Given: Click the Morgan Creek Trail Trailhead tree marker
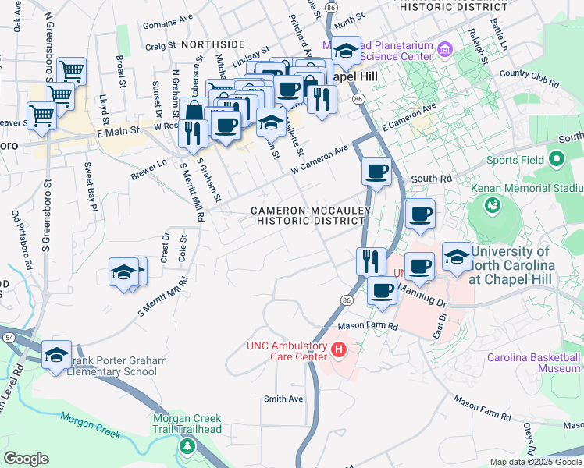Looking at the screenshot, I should [187, 446].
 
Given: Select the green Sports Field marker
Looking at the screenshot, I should [557, 160].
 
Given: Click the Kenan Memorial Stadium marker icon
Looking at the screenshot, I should [492, 204].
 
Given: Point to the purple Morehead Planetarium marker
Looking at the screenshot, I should [446, 51].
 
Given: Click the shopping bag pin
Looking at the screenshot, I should [192, 112].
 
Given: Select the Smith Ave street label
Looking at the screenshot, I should [283, 399].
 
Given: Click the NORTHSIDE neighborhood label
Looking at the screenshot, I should [213, 44].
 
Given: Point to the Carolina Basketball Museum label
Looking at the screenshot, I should [533, 363].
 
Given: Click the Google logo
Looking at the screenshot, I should [26, 459].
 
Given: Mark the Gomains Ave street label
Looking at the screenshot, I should [168, 17].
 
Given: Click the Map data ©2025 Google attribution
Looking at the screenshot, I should [536, 462].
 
